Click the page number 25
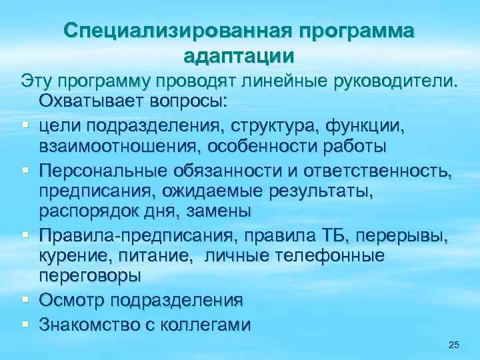tap(454, 344)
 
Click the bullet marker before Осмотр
tap(24, 301)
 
